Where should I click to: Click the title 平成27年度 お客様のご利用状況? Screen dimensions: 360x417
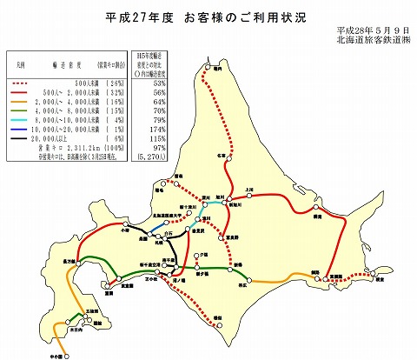209,17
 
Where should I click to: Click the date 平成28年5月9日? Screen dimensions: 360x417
375,31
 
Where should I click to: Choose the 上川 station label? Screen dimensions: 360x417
250,188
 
